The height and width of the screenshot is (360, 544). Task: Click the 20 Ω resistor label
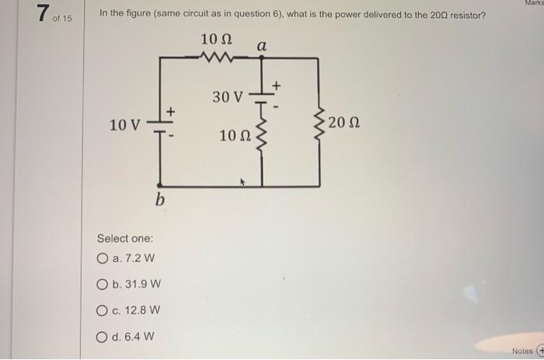pyautogui.click(x=344, y=123)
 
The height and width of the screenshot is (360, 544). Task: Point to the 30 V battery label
pyautogui.click(x=227, y=97)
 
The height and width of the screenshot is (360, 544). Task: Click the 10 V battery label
pyautogui.click(x=125, y=125)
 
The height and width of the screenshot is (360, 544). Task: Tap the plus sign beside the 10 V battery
pyautogui.click(x=173, y=113)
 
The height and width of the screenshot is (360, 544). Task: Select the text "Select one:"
pyautogui.click(x=125, y=238)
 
